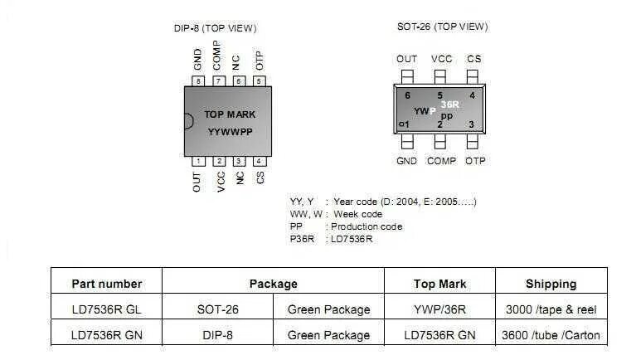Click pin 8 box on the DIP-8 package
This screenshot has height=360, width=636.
point(198,81)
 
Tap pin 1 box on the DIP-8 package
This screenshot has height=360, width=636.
point(198,161)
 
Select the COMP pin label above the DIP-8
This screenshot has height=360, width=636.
point(217,56)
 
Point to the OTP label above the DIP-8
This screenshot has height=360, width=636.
point(259,59)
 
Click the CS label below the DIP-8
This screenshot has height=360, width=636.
point(260,178)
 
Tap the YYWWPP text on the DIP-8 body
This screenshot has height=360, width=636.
point(231,131)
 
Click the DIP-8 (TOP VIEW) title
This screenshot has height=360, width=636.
point(215,28)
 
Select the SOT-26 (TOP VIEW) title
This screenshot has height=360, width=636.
point(443,27)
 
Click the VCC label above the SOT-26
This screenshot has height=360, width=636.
point(441,59)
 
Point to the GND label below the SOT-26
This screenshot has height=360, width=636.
point(406,161)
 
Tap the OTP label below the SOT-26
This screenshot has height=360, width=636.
point(475,161)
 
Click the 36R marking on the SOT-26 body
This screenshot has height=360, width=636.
point(449,105)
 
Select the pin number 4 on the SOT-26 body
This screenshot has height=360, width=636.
point(472,95)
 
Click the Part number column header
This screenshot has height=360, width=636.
point(107,284)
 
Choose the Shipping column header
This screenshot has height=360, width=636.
point(551,284)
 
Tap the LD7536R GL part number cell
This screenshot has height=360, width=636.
point(107,309)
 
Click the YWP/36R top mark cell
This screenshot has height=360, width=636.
point(439,309)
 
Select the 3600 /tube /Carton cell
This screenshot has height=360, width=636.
point(551,335)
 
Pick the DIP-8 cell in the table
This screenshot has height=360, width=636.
point(217,335)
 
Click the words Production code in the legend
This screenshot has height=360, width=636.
point(367,226)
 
